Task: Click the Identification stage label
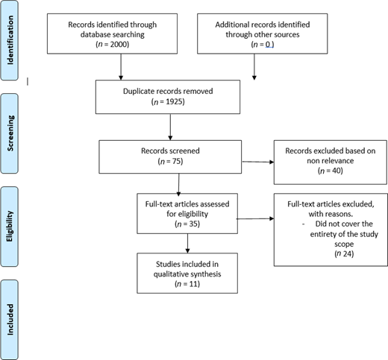click(10, 40)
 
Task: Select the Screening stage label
click(10, 133)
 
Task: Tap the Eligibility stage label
click(10, 226)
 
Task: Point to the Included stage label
click(10, 320)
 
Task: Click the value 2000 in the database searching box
click(119, 44)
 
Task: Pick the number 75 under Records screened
click(176, 161)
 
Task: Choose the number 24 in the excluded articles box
click(348, 253)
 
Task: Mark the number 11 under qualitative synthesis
click(193, 284)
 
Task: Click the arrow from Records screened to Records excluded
click(258, 162)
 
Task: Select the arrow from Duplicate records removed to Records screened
click(170, 127)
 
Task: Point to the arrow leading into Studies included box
click(187, 244)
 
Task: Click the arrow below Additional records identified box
click(254, 67)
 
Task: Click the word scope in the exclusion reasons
click(344, 244)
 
